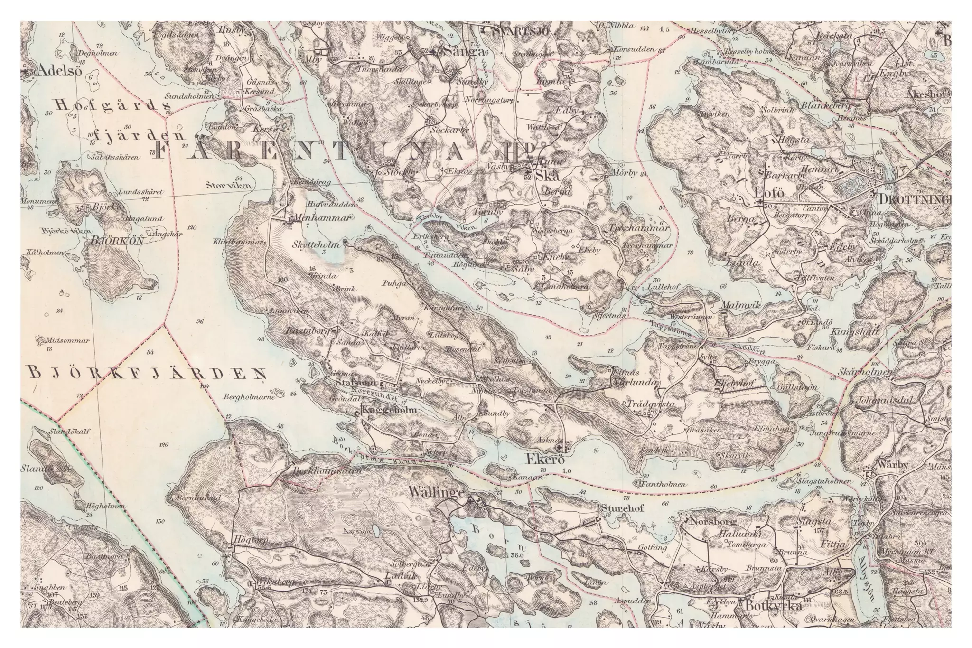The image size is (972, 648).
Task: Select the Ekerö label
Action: [545, 460]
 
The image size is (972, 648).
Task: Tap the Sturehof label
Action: [622, 509]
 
